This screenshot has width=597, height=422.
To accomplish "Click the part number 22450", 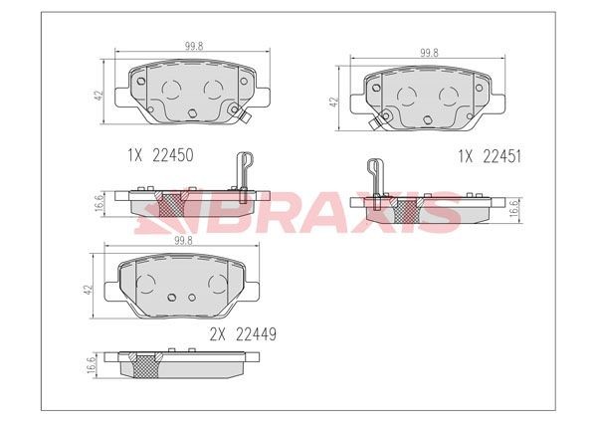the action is pyautogui.click(x=173, y=155).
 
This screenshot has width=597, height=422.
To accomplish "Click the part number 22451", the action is pyautogui.click(x=501, y=156).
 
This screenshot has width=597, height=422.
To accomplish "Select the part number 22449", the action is pyautogui.click(x=257, y=334).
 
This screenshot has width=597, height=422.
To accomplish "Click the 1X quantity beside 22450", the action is pyautogui.click(x=134, y=155).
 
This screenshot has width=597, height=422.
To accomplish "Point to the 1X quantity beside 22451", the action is pyautogui.click(x=466, y=156).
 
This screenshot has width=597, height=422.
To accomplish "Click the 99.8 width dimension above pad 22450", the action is pyautogui.click(x=194, y=46).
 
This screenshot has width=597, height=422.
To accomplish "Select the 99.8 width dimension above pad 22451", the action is pyautogui.click(x=429, y=53).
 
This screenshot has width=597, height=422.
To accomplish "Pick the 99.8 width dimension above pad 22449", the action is pyautogui.click(x=183, y=241).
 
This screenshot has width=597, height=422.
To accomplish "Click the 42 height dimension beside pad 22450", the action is pyautogui.click(x=99, y=96).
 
